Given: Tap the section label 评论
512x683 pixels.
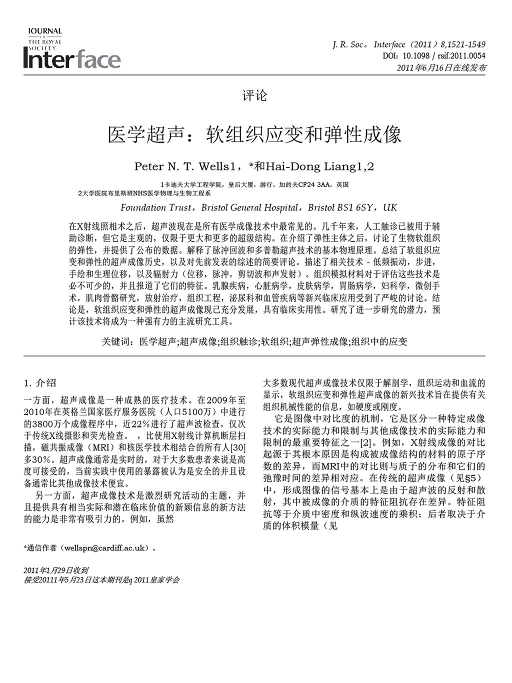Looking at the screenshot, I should click(x=254, y=95).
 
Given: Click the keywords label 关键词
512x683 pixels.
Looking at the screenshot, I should click(x=117, y=341).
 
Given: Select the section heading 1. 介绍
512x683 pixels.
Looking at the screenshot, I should click(x=40, y=383).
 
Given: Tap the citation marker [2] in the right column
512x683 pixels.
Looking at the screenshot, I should click(x=366, y=442).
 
